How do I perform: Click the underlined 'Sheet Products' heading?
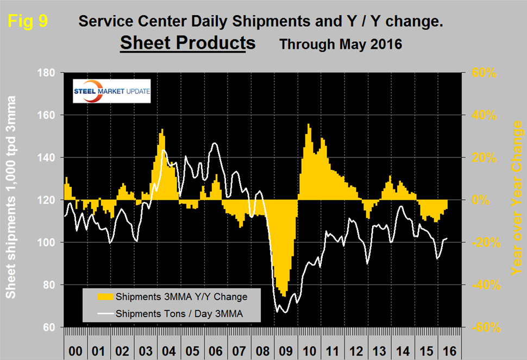[187, 43]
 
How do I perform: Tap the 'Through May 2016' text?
[341, 44]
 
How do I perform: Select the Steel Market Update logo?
[112, 91]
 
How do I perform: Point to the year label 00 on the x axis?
[76, 351]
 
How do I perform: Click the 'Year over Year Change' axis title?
[517, 198]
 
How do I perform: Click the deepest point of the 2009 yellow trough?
[284, 296]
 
